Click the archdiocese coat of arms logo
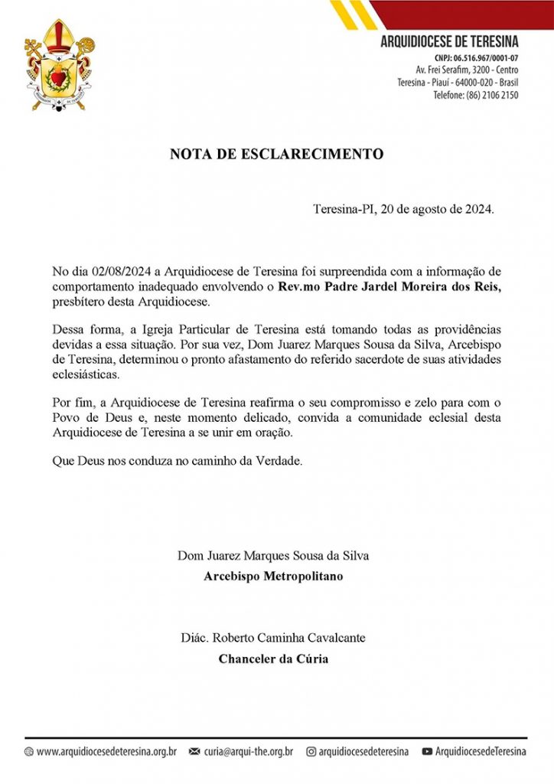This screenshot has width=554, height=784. [x=59, y=64]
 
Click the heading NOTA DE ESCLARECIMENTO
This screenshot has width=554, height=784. [x=276, y=154]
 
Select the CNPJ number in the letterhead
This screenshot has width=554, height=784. [x=486, y=58]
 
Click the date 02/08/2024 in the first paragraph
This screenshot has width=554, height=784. [x=121, y=272]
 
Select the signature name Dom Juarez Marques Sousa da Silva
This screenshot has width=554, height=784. [x=273, y=555]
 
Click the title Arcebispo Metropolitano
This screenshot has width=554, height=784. [x=273, y=576]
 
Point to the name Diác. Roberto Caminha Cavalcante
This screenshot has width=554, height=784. [x=273, y=638]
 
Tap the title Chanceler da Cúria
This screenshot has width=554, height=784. [x=273, y=658]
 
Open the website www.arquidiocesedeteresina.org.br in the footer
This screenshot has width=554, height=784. [x=106, y=752]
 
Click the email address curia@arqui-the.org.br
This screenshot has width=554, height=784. [x=248, y=752]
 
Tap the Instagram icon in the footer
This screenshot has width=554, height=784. [x=311, y=752]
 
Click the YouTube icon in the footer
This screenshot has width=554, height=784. [x=427, y=752]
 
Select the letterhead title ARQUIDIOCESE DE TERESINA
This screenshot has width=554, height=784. [x=449, y=41]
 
